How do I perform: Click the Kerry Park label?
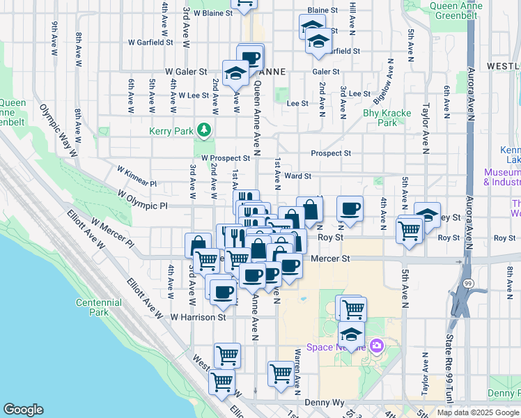coord(170,130)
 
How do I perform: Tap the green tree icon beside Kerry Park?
coord(204,130)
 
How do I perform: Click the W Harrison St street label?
coord(199,317)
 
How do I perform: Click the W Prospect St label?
coord(226,159)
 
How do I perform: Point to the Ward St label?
coord(297,177)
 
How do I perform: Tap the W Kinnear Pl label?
coord(137,176)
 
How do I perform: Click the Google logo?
coord(23,410)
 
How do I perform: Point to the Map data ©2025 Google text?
coord(478,412)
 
